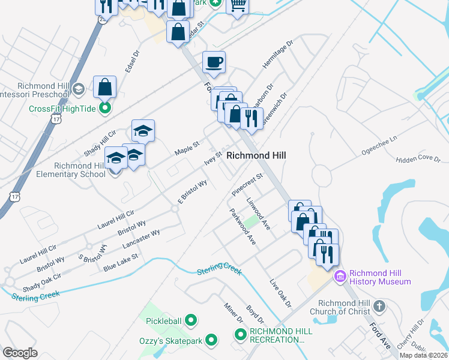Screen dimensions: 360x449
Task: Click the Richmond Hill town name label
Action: pos(256,155)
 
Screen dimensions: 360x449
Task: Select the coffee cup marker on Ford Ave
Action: pos(214,62)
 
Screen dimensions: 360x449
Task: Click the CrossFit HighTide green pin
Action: pos(106,109)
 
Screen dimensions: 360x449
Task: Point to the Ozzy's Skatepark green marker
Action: pos(211,341)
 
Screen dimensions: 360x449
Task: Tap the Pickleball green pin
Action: pos(191,321)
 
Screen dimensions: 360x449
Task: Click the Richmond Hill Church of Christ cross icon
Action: pos(379,307)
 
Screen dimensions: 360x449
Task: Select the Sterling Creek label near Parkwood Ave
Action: pos(219,269)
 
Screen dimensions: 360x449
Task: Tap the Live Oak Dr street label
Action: pos(280,292)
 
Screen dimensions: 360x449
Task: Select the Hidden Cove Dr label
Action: pos(418,160)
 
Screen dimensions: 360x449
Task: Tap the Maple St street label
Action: pos(186,146)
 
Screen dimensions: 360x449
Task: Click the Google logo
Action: pos(20,353)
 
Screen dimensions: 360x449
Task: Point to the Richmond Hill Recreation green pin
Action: pos(241,334)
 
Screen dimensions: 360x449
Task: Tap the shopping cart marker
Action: pos(238,5)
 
